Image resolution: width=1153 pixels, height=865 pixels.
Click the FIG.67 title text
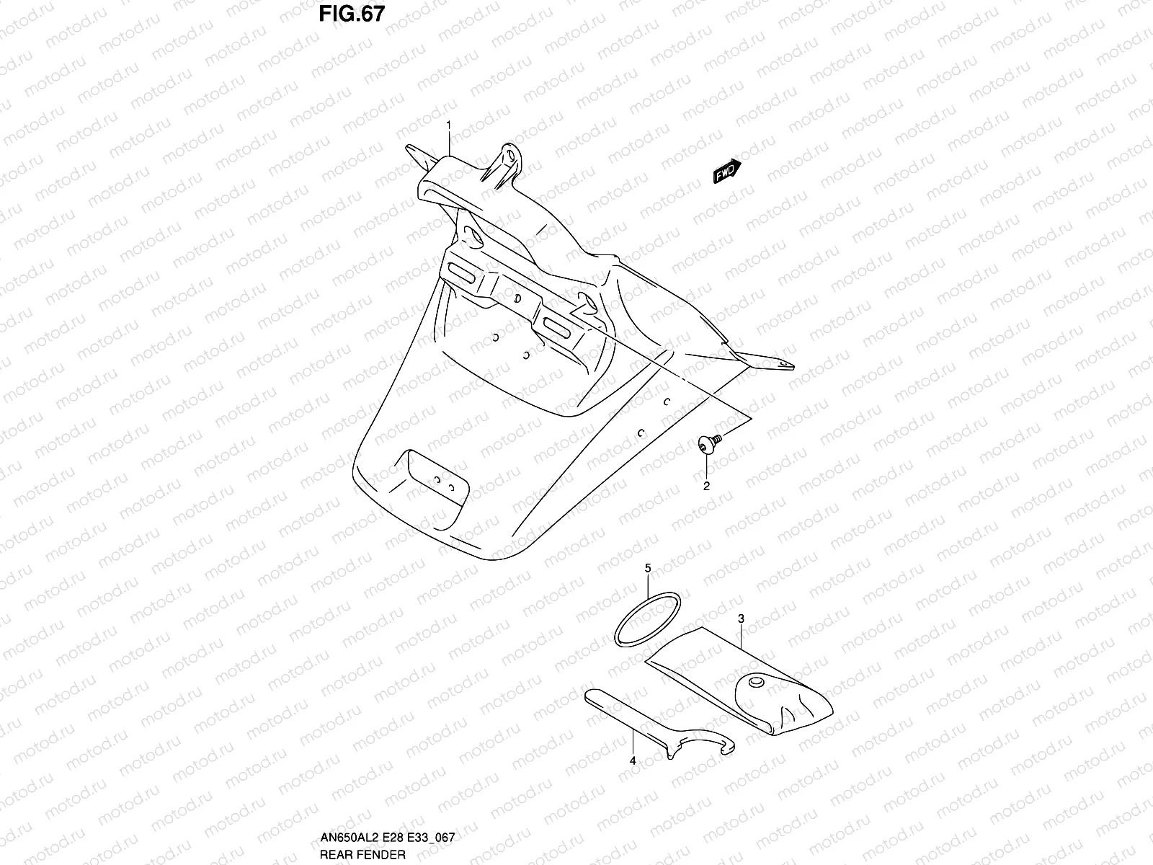coord(352,14)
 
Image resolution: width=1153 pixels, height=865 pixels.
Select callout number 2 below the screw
coord(706,486)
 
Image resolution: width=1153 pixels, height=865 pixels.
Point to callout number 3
coord(740,618)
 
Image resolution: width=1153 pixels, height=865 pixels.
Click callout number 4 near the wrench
coord(632,760)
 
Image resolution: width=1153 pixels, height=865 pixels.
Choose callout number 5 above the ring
coord(647,569)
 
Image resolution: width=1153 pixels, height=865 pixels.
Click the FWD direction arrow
coord(726,172)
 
